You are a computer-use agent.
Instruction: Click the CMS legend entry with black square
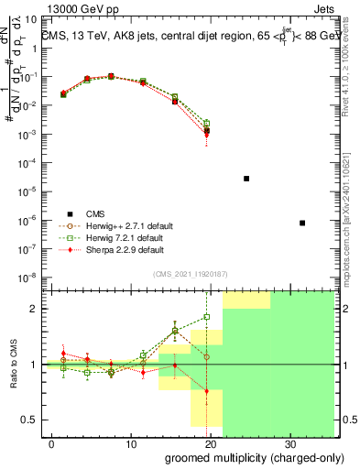[x=95, y=213]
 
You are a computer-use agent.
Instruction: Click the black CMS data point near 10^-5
[x=246, y=179]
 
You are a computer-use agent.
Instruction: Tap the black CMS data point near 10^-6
[x=302, y=223]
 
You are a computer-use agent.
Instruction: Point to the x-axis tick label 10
[x=131, y=442]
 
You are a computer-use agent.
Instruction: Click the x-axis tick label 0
[x=52, y=442]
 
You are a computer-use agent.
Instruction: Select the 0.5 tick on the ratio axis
[x=33, y=420]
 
